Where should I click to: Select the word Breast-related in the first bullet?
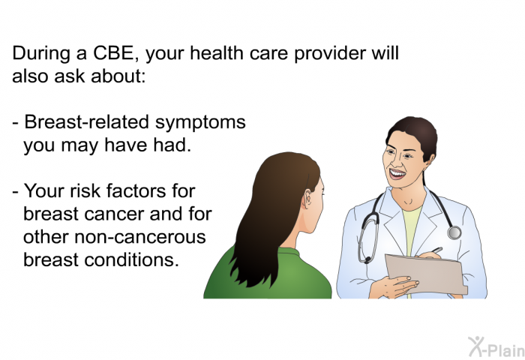pos(86,121)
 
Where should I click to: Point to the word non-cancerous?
pos(140,237)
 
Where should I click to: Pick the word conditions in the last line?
pos(131,259)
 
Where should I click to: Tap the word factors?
pos(136,191)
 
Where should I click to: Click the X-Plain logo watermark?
pos(496,347)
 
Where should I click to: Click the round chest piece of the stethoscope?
pos(454,232)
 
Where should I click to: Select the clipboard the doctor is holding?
pos(426,274)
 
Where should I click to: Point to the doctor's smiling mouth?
pos(397,174)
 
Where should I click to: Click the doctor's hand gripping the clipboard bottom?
pos(395,286)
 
